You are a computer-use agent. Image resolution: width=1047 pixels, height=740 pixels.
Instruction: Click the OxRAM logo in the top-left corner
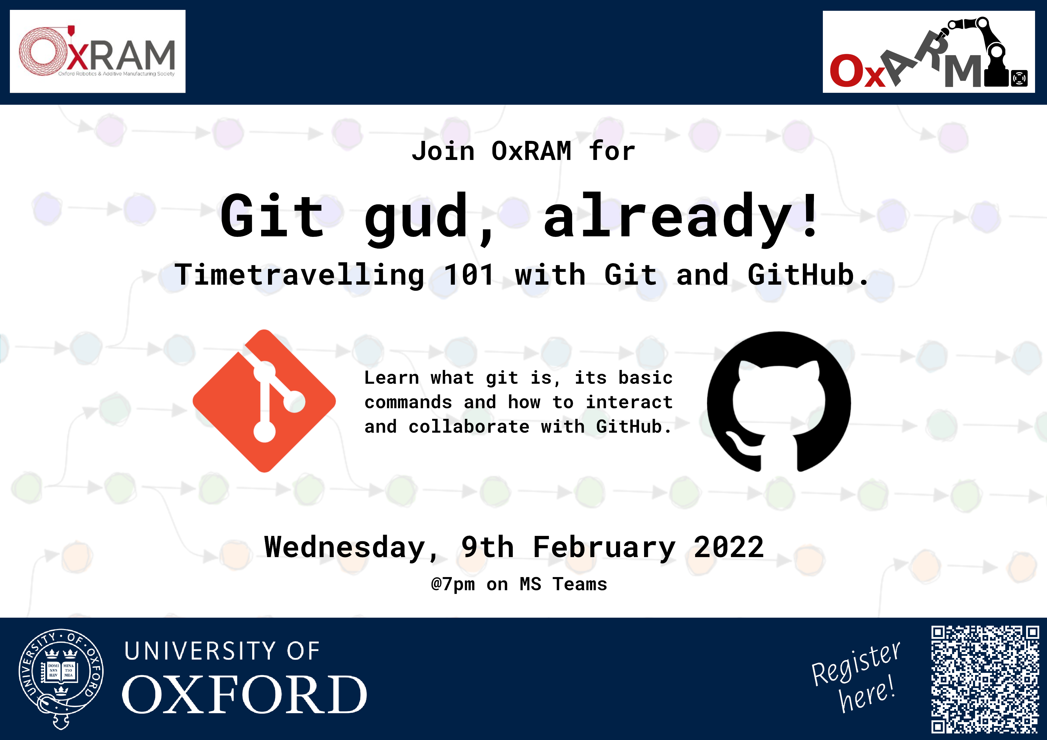98,52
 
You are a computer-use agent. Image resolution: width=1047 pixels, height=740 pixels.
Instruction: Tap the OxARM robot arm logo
929,52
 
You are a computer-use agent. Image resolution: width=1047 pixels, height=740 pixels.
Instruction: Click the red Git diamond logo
264,401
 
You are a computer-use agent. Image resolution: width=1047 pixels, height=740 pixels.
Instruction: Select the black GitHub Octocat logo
779,402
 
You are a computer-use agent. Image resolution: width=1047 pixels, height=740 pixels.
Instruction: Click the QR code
985,680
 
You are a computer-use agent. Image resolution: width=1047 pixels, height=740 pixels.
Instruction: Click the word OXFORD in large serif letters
244,694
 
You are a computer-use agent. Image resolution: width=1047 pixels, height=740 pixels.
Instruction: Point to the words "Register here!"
856,677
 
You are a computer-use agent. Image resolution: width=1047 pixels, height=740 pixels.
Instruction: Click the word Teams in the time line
580,584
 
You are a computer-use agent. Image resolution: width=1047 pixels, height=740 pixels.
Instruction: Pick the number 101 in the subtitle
469,275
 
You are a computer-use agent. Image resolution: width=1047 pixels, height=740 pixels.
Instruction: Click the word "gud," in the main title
429,218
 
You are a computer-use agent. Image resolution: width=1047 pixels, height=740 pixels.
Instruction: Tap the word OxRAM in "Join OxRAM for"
531,151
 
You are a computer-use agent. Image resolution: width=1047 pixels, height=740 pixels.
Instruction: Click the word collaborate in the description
469,427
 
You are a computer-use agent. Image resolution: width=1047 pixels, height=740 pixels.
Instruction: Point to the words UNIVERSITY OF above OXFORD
222,651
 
